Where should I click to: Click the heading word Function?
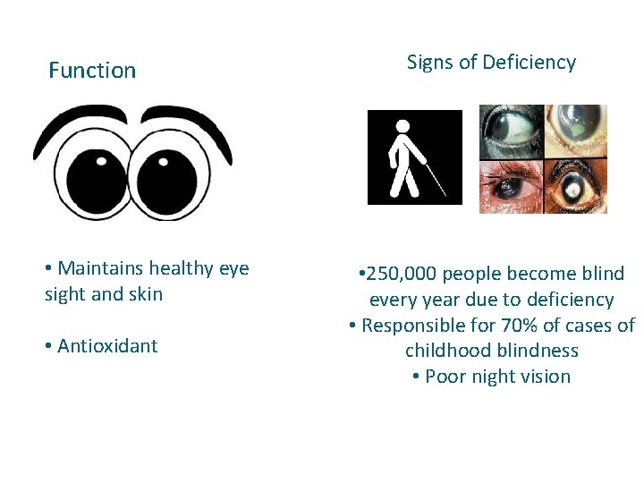pyautogui.click(x=92, y=70)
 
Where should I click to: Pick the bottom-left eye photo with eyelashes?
pyautogui.click(x=511, y=187)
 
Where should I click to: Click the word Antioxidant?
pyautogui.click(x=107, y=346)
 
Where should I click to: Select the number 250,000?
pyautogui.click(x=402, y=274)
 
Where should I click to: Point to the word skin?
pyautogui.click(x=145, y=294)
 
